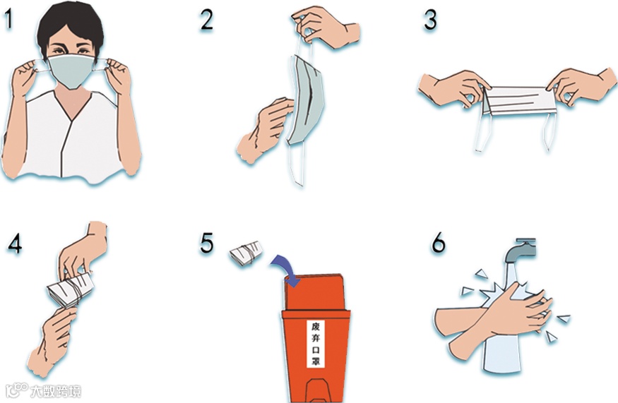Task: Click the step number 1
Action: [8, 19]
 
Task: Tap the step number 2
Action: [206, 20]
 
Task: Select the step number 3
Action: [430, 20]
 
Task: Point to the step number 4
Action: [15, 244]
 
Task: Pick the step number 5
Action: [207, 243]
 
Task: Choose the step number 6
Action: [439, 242]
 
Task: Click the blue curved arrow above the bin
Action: [287, 269]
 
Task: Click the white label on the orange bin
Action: [316, 344]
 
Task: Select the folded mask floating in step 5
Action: [246, 253]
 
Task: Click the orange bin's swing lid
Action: [314, 292]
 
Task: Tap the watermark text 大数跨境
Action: [56, 391]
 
